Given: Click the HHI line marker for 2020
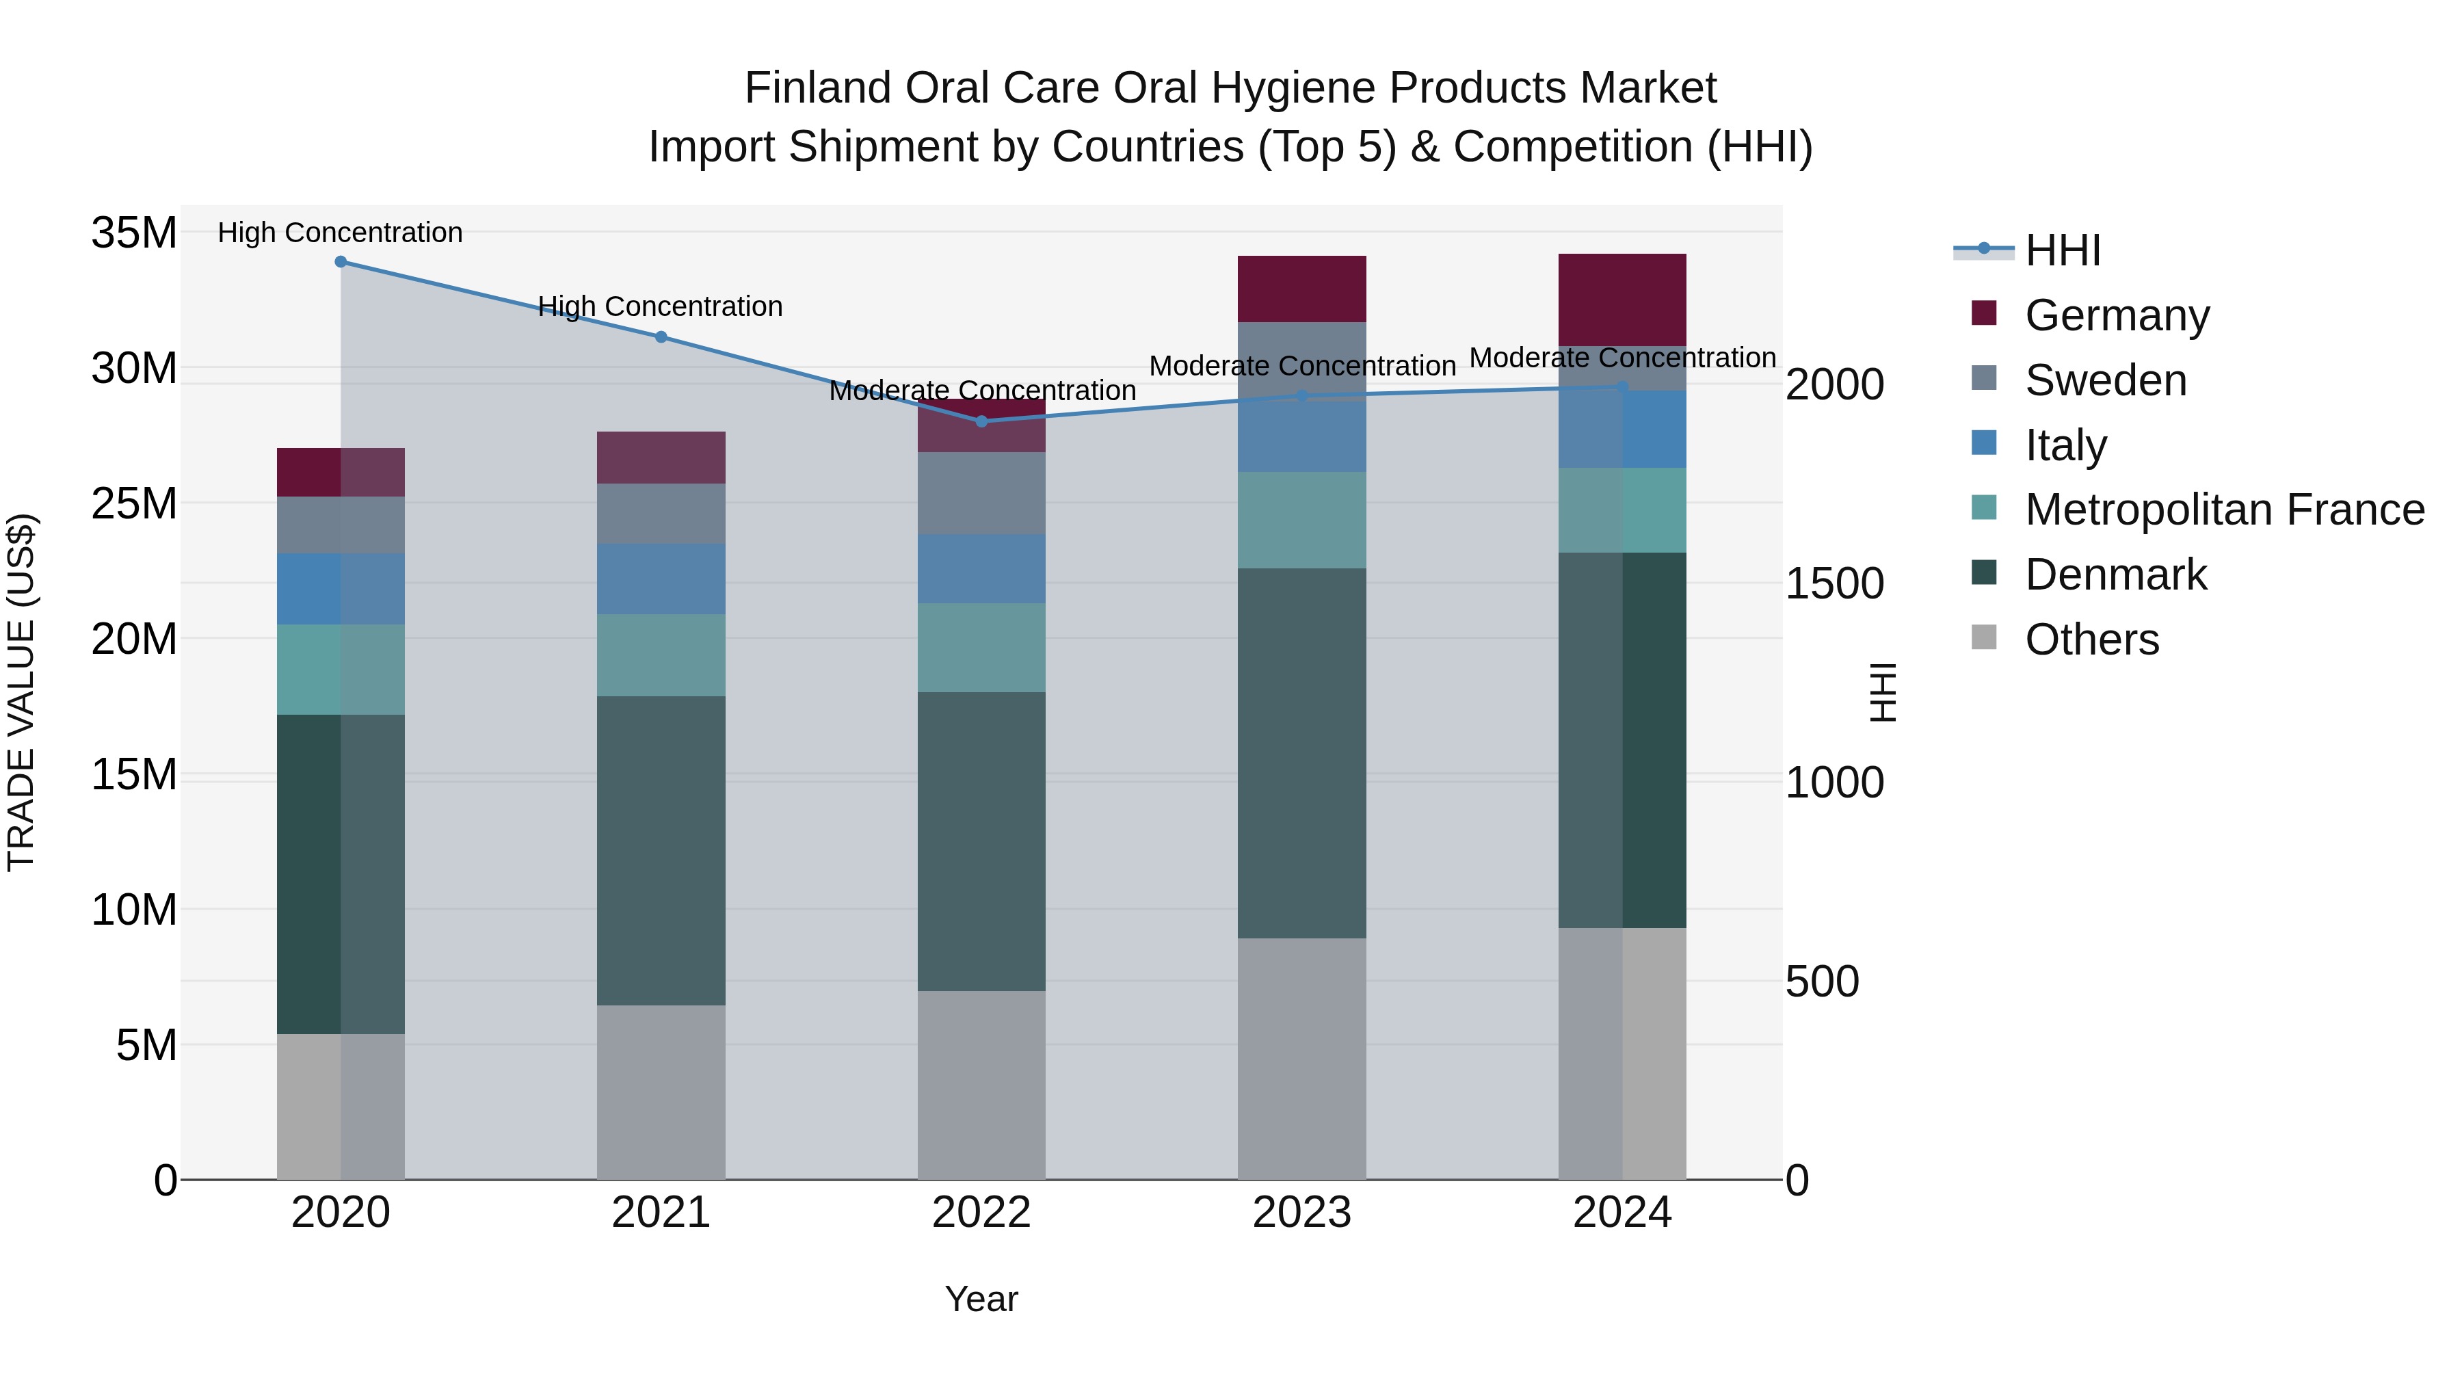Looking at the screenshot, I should pyautogui.click(x=341, y=262).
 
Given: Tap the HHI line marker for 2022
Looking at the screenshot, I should pyautogui.click(x=981, y=421).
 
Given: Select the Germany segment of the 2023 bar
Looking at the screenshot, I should pyautogui.click(x=1301, y=289).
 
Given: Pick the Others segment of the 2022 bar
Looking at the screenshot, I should pyautogui.click(x=981, y=1084).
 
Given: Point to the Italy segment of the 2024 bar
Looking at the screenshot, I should pyautogui.click(x=1622, y=429).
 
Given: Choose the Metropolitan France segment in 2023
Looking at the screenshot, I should pyautogui.click(x=1301, y=520).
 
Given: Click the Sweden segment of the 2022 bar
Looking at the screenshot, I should pyautogui.click(x=981, y=493).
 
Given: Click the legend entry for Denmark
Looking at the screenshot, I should pyautogui.click(x=2115, y=575).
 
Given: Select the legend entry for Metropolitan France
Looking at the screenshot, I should pyautogui.click(x=2223, y=510).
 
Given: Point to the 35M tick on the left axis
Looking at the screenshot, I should pyautogui.click(x=134, y=233).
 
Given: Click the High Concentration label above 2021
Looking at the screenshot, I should pyautogui.click(x=661, y=307).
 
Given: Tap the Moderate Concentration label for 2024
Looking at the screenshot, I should pyautogui.click(x=1622, y=358).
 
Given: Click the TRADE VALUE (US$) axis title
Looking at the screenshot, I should pyautogui.click(x=21, y=692).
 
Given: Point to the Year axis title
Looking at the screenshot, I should pyautogui.click(x=981, y=1300).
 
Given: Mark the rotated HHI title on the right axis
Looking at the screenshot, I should pyautogui.click(x=1882, y=692).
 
